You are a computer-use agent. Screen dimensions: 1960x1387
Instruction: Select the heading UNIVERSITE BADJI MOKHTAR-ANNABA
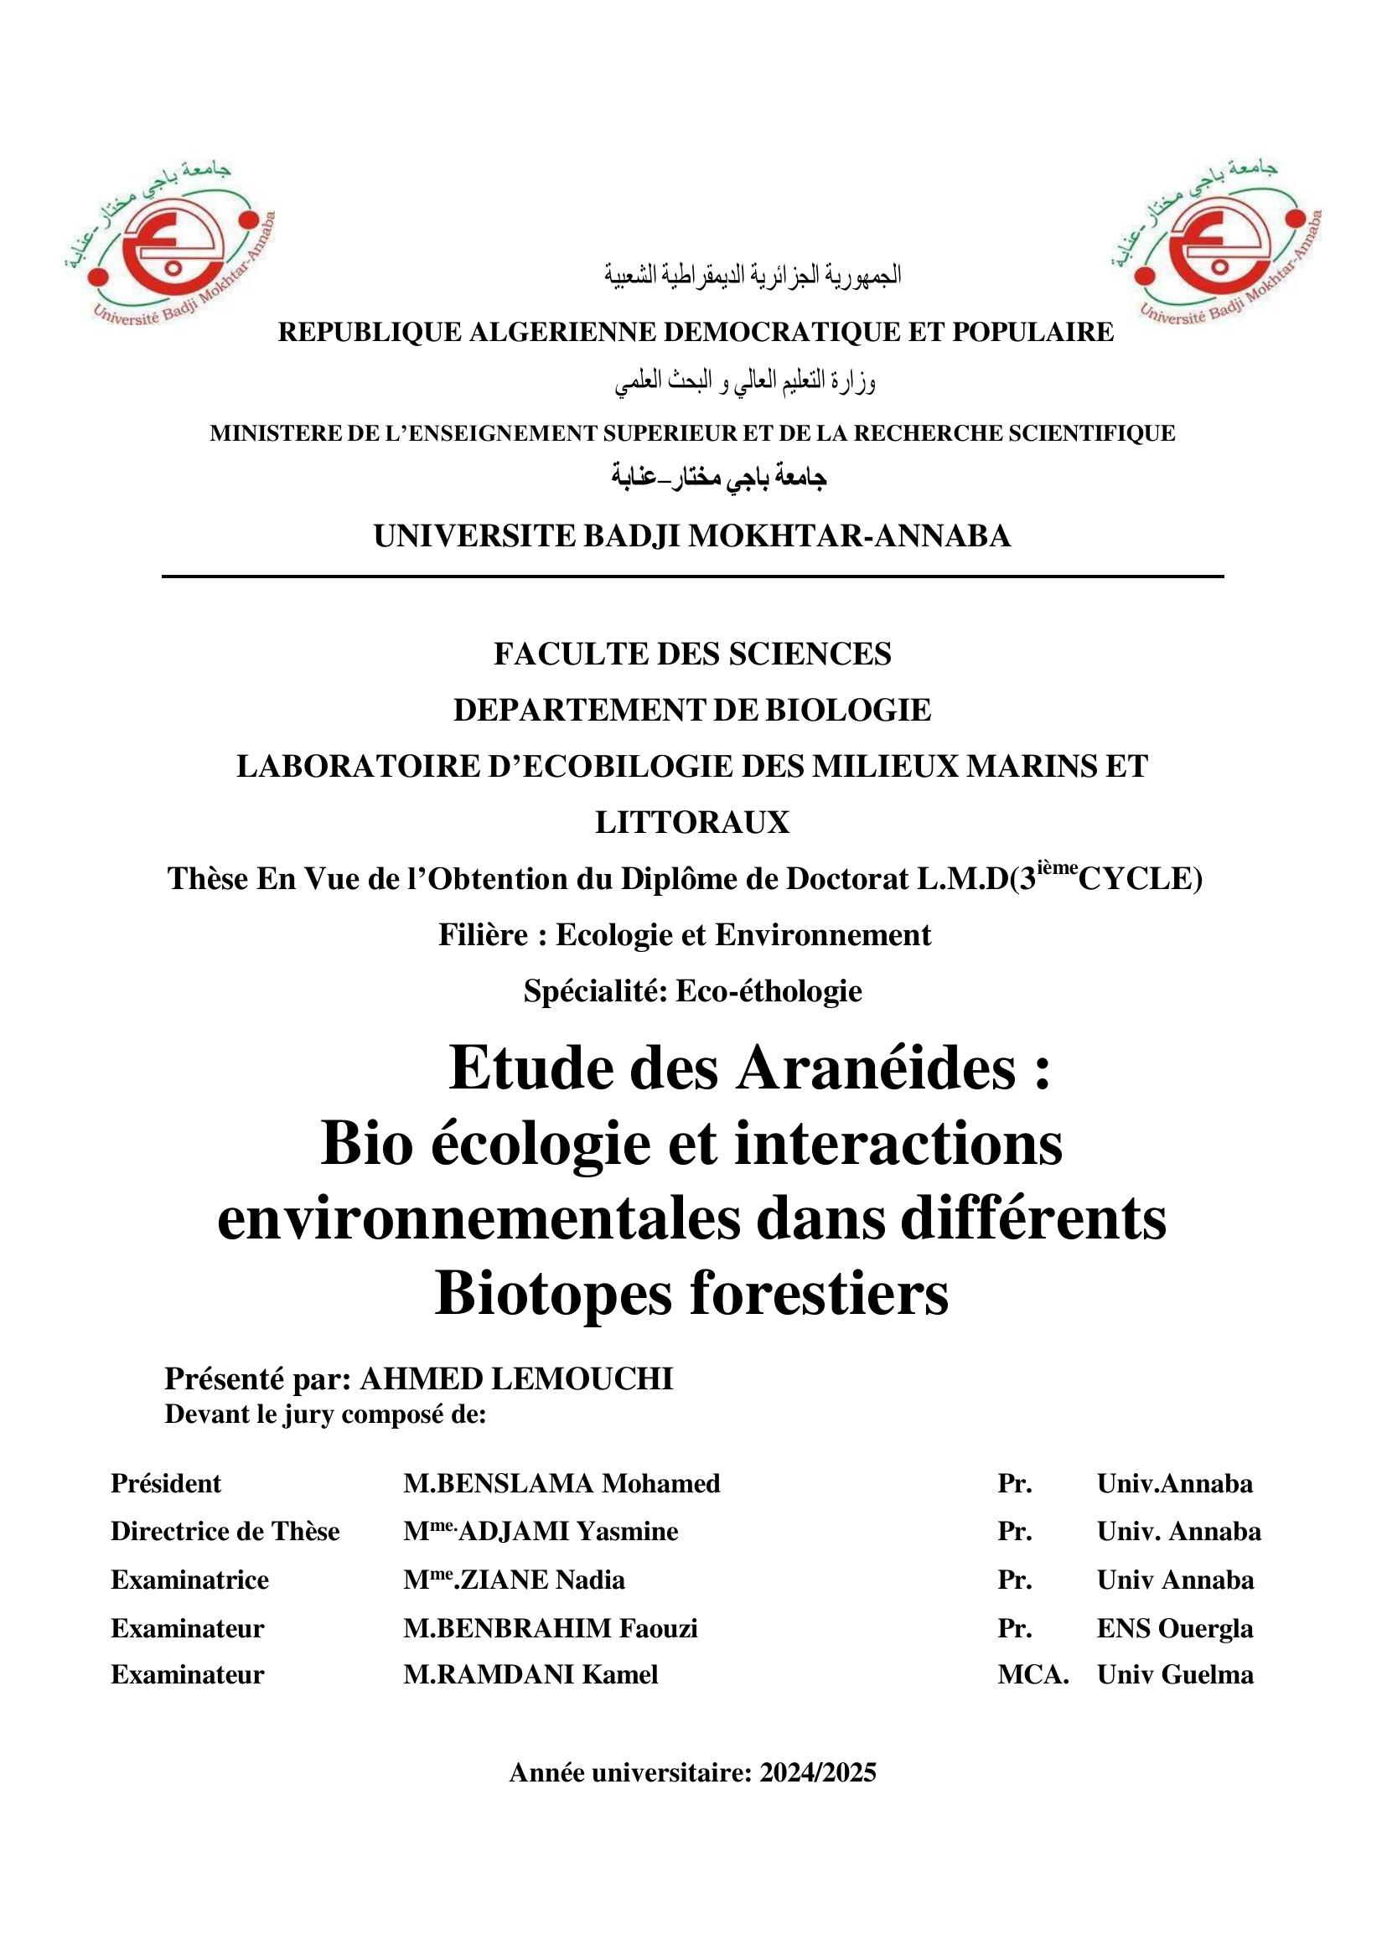coord(691,536)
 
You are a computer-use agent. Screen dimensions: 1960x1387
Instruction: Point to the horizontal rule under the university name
coord(691,577)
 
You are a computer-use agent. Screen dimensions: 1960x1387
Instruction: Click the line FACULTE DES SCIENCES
coord(691,654)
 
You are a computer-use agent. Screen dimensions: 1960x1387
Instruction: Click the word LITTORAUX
coord(691,822)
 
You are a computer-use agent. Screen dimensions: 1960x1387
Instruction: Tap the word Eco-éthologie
coord(769,991)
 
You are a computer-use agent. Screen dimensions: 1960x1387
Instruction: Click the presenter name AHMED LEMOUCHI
coord(517,1379)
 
